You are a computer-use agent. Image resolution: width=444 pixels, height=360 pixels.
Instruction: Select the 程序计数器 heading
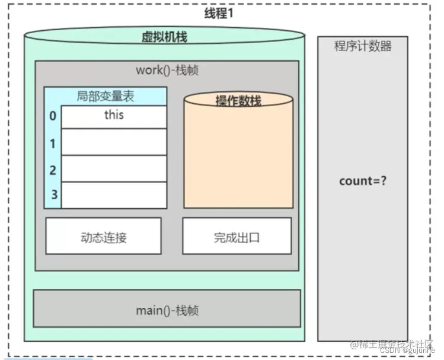click(x=363, y=46)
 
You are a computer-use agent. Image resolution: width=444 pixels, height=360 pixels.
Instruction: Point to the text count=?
click(x=363, y=180)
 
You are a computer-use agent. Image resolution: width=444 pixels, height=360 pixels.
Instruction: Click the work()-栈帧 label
click(x=167, y=70)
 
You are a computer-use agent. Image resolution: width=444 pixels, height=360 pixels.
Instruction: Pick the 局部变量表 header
click(x=105, y=96)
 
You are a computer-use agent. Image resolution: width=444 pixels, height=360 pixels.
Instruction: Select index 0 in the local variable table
click(x=53, y=116)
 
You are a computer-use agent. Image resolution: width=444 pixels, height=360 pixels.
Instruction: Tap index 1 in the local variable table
click(x=53, y=143)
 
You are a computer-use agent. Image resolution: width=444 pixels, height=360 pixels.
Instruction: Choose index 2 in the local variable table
click(x=53, y=170)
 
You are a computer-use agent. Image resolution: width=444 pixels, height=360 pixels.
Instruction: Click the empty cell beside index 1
click(x=114, y=142)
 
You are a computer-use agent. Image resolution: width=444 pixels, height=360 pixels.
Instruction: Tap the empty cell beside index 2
click(x=114, y=169)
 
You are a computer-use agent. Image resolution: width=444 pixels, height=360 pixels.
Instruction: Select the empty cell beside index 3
click(x=114, y=195)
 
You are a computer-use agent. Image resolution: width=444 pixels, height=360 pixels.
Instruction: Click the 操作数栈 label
click(x=238, y=101)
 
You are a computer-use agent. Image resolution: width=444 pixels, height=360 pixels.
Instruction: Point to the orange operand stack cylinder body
click(x=238, y=160)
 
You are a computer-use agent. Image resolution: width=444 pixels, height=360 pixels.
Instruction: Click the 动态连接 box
click(x=103, y=237)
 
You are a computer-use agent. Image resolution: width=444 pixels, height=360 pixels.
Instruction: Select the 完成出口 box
click(x=237, y=237)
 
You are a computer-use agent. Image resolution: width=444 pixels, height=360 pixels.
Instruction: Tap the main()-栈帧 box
click(x=167, y=309)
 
